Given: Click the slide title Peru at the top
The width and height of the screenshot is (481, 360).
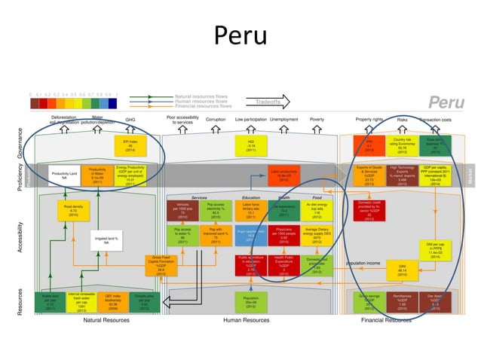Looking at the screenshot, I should pos(240,35).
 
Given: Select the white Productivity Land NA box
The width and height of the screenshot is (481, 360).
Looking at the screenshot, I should pos(65,175).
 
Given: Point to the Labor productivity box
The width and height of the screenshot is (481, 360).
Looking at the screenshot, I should pos(283,175).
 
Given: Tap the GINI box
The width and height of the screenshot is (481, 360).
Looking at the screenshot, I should pos(403,269).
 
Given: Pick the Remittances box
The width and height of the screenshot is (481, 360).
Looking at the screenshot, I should pos(403,301).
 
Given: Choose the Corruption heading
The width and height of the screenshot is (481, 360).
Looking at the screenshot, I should pos(216,119).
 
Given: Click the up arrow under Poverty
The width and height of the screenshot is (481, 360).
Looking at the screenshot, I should pos(317,130).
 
